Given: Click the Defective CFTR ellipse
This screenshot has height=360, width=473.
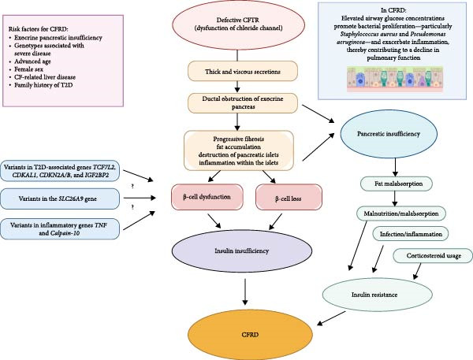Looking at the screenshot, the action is coord(238,24).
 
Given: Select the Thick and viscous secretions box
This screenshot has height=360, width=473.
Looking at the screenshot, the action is coord(243,71).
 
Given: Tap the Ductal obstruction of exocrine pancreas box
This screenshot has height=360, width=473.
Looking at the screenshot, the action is coord(243,103).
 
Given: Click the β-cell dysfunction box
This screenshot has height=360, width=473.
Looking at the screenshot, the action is coord(207,197).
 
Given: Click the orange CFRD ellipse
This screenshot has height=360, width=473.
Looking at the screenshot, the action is coord(250,335).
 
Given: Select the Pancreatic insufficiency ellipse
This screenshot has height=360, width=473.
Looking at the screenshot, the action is coord(389,134).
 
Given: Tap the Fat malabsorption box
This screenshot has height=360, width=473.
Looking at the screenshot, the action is coord(396,184).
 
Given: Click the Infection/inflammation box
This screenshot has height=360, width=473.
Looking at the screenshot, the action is coord(411,234).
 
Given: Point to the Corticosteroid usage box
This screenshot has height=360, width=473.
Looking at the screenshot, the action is coord(433,256).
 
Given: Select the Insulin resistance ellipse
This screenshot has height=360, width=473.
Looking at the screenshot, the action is coord(377,295).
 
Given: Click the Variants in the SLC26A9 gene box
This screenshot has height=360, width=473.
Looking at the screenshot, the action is coord(60,199).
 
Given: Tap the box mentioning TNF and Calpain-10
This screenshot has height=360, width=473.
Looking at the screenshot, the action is coord(60,229).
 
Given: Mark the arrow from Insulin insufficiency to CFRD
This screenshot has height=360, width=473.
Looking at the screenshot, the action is coord(245,291).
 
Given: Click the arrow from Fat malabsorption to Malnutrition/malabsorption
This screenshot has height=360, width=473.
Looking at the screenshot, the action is coord(395,199).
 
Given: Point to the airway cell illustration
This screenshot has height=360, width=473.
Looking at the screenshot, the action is coord(395,80).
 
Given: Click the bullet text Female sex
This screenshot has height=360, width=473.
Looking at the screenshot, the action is coord(28,69).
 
